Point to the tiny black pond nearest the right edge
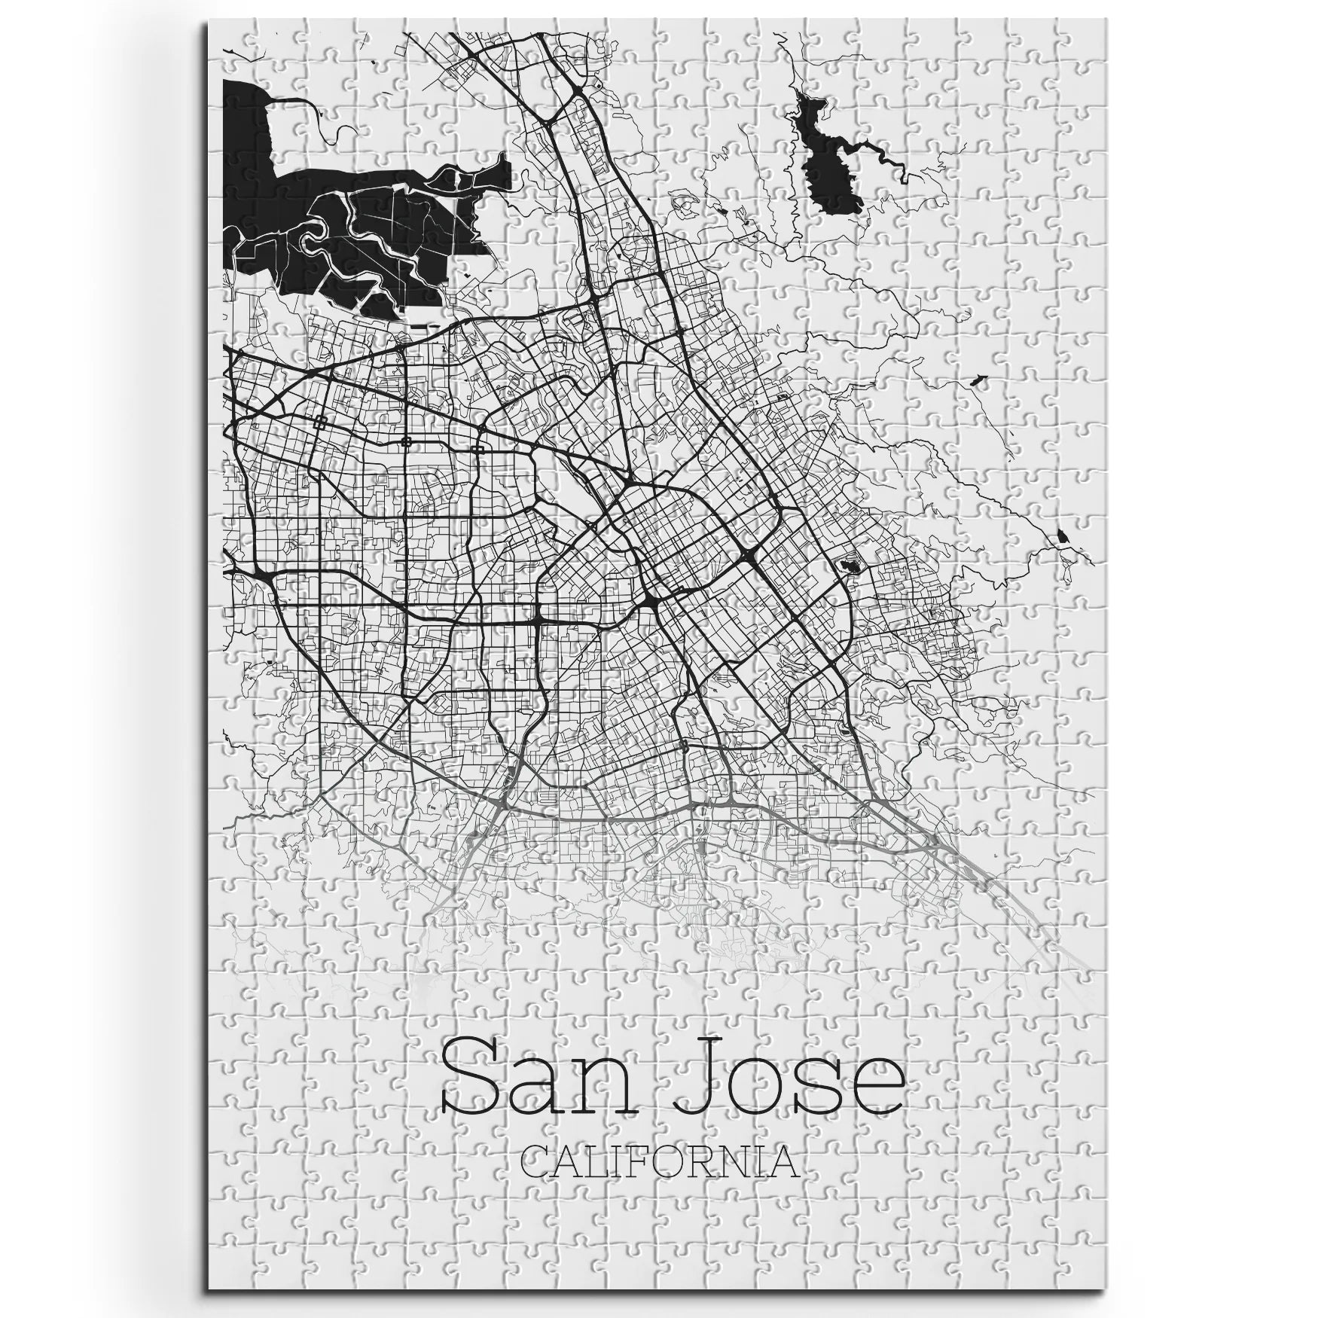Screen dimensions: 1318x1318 [1063, 535]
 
